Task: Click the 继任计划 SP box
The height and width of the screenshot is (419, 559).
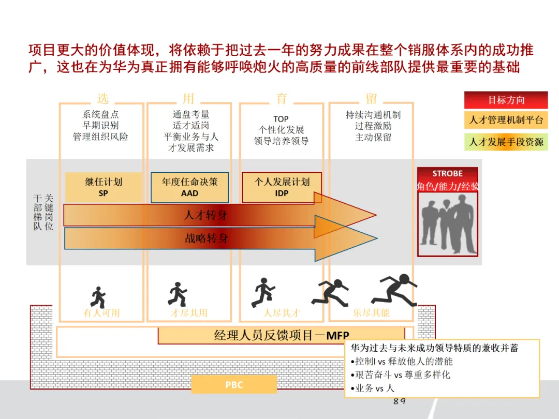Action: click(x=103, y=187)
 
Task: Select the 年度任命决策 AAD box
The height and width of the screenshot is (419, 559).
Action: click(x=189, y=187)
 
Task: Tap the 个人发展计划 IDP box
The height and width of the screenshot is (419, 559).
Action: click(x=282, y=187)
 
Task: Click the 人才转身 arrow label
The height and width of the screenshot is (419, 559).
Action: click(x=205, y=215)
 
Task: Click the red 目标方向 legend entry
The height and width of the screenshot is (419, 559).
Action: click(x=506, y=100)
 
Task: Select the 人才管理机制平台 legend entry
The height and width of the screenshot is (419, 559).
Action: click(x=506, y=121)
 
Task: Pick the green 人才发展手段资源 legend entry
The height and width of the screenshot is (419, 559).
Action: click(x=506, y=141)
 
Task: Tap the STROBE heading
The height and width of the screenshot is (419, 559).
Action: click(x=447, y=174)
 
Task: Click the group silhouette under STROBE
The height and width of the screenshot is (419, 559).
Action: click(x=447, y=220)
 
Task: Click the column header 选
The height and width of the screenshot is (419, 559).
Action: click(x=102, y=98)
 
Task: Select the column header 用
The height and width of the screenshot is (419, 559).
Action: click(x=188, y=98)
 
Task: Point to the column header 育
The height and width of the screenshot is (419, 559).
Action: click(x=282, y=98)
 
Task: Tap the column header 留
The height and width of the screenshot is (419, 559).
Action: click(x=371, y=98)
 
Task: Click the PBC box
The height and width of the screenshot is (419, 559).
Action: click(x=234, y=385)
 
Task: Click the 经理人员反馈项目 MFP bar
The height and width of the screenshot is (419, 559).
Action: click(x=281, y=335)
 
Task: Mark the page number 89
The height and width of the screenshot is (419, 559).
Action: click(x=399, y=401)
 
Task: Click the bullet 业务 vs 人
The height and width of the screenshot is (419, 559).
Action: click(x=373, y=388)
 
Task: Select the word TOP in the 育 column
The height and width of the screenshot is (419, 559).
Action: click(x=281, y=119)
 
